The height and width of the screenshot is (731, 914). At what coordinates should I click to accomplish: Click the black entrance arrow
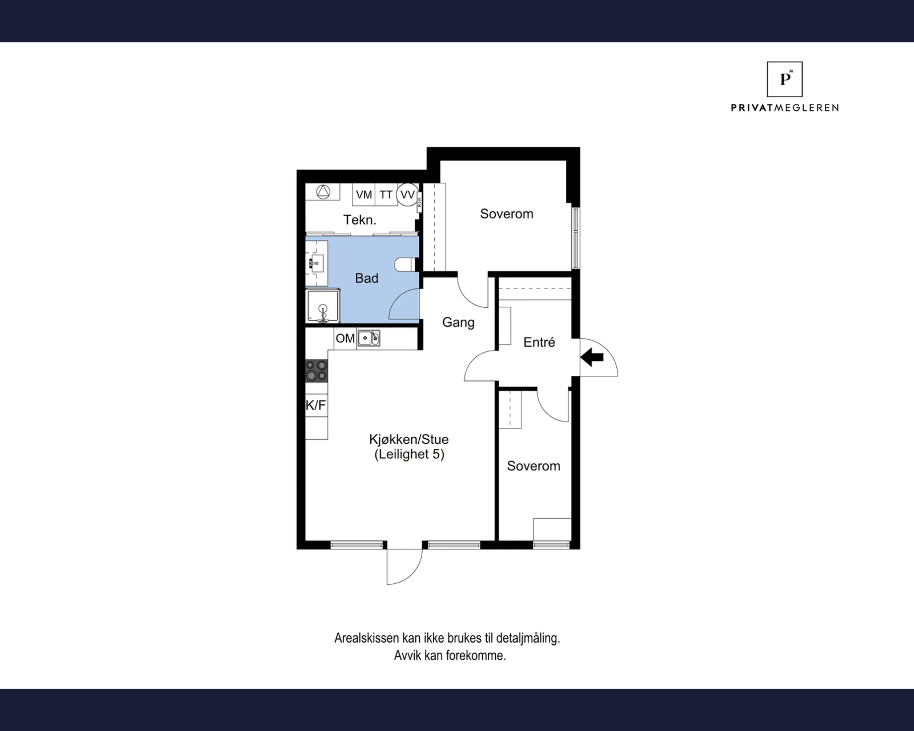(592, 357)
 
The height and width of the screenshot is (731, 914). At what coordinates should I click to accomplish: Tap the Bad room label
(367, 278)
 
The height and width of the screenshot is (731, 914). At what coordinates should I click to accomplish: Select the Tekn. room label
(359, 220)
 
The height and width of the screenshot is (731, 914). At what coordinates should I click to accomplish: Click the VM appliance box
(364, 194)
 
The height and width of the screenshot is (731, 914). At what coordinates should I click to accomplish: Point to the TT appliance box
(386, 194)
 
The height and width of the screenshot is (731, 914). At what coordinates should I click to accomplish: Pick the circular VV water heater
(407, 194)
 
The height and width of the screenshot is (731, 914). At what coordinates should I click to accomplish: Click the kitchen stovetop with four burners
(317, 370)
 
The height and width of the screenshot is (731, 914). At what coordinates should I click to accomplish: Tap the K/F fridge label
(316, 405)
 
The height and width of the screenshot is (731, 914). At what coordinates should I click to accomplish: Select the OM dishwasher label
(345, 338)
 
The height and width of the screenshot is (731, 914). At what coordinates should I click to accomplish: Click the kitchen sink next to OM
(369, 338)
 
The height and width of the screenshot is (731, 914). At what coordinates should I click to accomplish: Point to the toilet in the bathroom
(404, 264)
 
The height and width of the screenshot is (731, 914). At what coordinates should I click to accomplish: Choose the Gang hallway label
(458, 322)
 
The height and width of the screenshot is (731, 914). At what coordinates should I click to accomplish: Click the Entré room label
(539, 342)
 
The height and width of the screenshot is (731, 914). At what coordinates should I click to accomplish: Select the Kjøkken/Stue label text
(409, 439)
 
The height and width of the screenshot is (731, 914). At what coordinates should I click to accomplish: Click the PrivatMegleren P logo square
(785, 79)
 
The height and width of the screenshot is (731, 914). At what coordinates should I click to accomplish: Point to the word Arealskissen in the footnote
(367, 638)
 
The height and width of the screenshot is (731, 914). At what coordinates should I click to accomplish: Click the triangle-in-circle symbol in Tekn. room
(323, 192)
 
